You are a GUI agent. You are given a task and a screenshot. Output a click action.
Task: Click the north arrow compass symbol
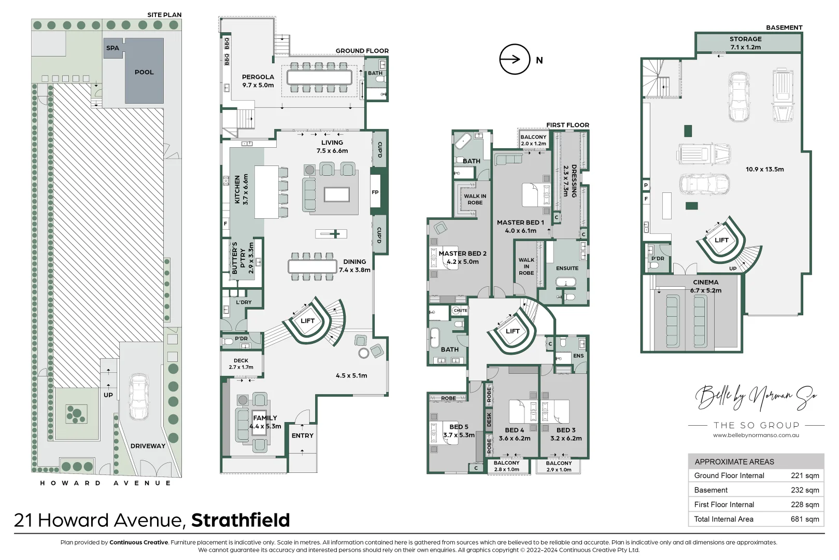click(x=515, y=59)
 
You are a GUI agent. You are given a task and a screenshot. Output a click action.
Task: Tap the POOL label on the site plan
click(x=144, y=72)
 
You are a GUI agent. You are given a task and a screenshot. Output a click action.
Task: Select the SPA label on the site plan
click(x=112, y=48)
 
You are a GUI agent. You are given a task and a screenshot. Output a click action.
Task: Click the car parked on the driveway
click(x=138, y=397)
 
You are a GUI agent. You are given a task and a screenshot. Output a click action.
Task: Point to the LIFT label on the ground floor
click(x=307, y=320)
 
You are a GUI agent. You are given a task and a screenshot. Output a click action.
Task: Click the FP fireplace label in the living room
click(x=375, y=192)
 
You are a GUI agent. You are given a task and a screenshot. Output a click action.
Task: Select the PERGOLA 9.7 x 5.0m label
click(x=258, y=81)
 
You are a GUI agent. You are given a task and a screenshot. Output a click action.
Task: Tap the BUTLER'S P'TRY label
click(x=243, y=258)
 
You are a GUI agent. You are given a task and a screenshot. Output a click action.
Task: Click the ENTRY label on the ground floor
click(x=303, y=436)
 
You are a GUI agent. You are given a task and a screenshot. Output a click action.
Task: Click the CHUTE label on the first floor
click(x=460, y=310)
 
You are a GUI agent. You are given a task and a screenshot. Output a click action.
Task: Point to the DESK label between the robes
click(x=489, y=419)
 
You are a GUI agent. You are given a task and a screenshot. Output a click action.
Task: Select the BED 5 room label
click(x=459, y=431)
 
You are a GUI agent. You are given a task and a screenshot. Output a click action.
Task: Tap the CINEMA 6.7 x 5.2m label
click(x=706, y=286)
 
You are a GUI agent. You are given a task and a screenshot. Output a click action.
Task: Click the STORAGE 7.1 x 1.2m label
click(x=746, y=43)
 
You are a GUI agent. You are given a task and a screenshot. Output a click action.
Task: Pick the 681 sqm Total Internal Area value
click(x=805, y=519)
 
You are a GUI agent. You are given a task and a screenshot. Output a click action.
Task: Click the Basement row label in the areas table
click(x=711, y=490)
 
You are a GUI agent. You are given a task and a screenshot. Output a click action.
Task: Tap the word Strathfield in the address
click(x=240, y=520)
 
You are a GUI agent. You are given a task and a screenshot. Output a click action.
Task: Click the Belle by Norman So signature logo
click(x=756, y=398)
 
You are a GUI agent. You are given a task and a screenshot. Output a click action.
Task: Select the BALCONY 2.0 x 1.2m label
click(x=533, y=140)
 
